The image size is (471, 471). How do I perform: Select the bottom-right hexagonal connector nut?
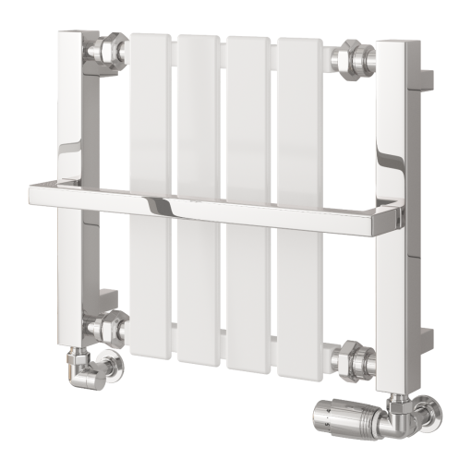pos(355,355)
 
